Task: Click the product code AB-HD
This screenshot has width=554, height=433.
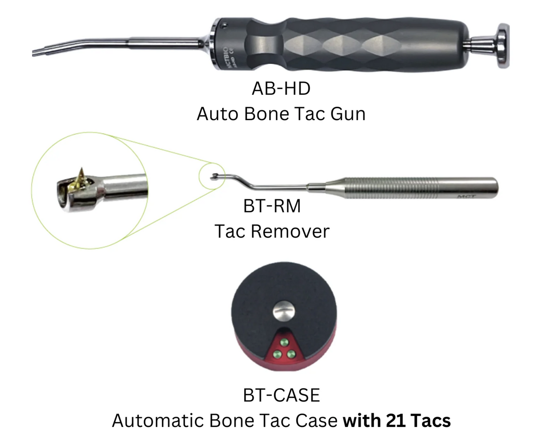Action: (281, 89)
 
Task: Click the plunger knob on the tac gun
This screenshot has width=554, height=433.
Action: (503, 46)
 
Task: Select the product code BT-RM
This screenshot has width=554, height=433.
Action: (272, 206)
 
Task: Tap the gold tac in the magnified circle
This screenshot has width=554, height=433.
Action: (81, 178)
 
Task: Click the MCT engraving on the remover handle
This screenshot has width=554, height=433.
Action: (466, 196)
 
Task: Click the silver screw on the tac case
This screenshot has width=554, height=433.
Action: (284, 311)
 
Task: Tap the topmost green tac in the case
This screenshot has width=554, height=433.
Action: (284, 342)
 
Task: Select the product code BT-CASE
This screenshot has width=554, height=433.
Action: (281, 395)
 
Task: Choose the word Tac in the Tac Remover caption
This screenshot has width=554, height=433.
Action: (230, 231)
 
